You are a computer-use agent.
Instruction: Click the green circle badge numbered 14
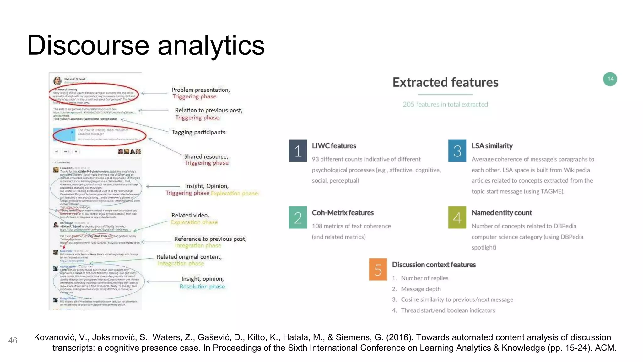coord(610,79)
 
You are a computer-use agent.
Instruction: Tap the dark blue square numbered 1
coord(298,151)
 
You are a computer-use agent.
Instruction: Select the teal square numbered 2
coord(298,217)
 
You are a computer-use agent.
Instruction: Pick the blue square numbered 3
coord(457,151)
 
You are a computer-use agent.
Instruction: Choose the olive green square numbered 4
coord(457,217)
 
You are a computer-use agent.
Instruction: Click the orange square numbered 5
coord(378,270)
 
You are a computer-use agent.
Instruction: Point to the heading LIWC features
coord(334,146)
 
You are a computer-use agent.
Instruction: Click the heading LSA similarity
coord(492,146)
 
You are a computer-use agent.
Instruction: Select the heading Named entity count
coord(502,213)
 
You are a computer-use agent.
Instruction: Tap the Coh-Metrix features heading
coord(343,213)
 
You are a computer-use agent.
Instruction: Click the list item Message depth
coord(421,289)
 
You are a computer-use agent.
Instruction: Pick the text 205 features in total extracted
coord(445,104)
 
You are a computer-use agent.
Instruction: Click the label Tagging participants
coord(198,132)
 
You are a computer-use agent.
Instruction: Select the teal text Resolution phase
coord(202,287)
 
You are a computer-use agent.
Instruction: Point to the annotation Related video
coord(190,215)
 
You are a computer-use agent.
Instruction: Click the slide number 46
coord(13,341)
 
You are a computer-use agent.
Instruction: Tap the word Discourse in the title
coord(88,46)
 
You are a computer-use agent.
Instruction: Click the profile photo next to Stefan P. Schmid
coord(57,80)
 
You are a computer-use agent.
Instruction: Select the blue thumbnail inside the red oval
coord(64,134)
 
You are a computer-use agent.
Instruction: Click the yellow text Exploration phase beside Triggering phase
coord(234,193)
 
